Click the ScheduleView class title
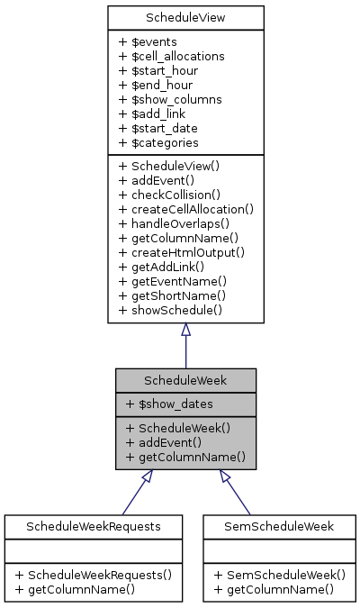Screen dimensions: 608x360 pos(185,17)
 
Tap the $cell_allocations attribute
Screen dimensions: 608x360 pos(171,56)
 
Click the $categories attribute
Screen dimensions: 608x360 pos(158,142)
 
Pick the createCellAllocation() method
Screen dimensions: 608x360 pos(185,209)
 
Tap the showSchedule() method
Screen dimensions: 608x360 pos(169,310)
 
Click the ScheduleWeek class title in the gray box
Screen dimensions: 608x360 pos(185,380)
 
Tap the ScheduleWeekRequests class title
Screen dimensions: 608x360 pos(94,525)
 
